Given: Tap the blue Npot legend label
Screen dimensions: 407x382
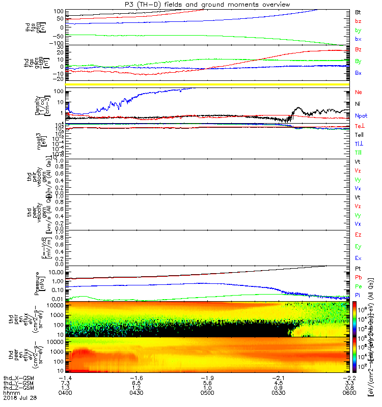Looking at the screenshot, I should [361, 115].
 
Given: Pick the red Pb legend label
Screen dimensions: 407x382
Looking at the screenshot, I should [359, 278].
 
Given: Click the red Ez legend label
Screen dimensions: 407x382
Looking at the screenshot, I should [359, 236].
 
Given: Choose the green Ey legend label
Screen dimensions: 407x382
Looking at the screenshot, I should [359, 247].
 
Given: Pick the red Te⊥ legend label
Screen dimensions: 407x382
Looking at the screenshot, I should [360, 126].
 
